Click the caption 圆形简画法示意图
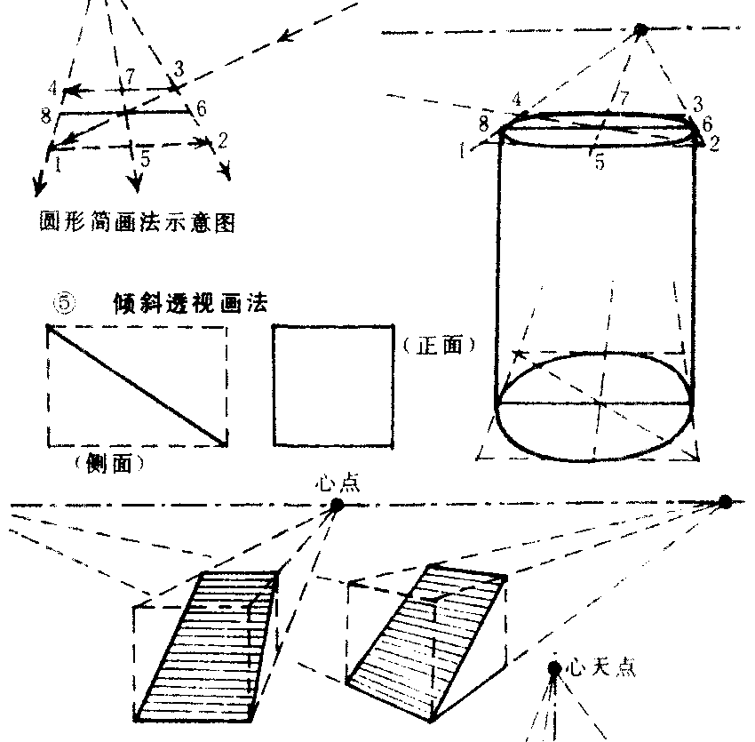137,224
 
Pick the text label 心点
337,484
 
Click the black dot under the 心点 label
337,505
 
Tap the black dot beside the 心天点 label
554,667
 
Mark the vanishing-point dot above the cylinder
640,30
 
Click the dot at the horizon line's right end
725,502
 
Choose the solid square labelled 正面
333,383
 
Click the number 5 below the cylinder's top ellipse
598,163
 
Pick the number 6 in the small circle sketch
201,108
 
